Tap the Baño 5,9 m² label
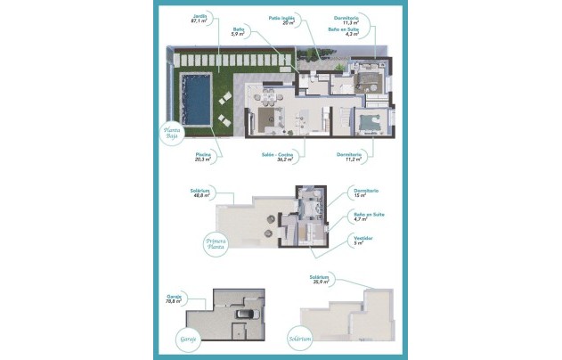tap(239, 33)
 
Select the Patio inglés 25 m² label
tap(282, 19)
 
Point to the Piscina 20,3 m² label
tap(203, 158)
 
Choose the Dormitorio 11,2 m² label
tap(353, 158)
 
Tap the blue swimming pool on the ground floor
tap(193, 99)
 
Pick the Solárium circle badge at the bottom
tap(299, 339)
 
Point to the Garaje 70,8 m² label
tap(174, 299)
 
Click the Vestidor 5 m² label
tap(362, 240)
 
